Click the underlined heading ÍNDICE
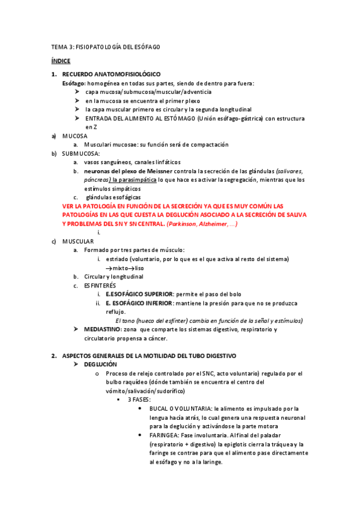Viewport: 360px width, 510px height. pyautogui.click(x=60, y=61)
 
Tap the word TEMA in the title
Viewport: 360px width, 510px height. pyautogui.click(x=58, y=47)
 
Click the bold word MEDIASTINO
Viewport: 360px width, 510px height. pyautogui.click(x=102, y=330)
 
